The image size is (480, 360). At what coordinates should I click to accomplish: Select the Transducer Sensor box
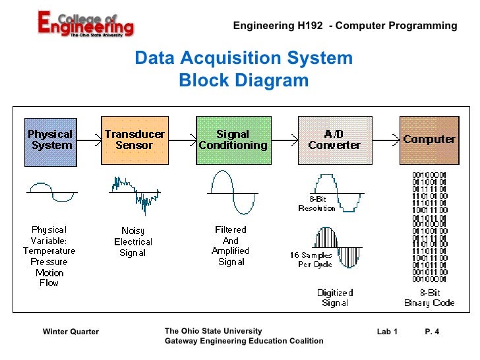134,140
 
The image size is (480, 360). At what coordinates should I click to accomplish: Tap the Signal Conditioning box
233,140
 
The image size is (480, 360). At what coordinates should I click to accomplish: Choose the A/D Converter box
334,140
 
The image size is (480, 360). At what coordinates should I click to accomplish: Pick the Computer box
429,140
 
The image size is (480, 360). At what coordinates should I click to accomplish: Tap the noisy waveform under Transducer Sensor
135,193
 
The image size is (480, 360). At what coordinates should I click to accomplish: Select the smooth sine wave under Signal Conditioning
231,193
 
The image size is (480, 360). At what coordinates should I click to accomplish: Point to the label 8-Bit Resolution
317,203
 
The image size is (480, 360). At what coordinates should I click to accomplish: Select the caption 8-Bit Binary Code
429,297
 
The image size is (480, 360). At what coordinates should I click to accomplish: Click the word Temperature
49,251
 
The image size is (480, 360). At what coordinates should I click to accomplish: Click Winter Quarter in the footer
71,331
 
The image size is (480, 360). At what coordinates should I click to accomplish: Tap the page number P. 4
432,331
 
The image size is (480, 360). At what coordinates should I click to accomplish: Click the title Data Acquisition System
244,59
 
